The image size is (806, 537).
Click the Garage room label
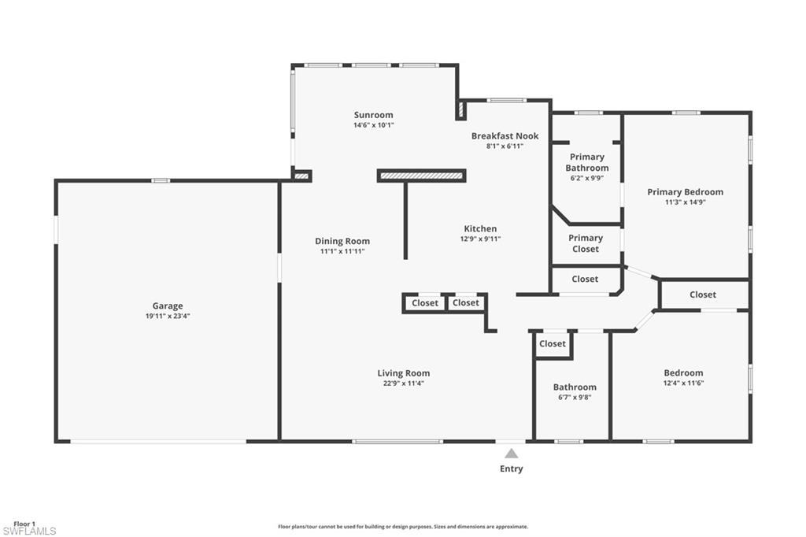point(168,306)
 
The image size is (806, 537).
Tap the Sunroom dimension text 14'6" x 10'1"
point(373,125)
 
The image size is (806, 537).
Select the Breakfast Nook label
point(505,136)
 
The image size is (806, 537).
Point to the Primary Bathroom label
point(587,162)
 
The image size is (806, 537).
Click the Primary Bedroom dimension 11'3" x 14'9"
point(685,202)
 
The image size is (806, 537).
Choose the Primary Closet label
point(586,243)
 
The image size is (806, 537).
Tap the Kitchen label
point(480,229)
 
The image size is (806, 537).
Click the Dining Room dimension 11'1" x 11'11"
point(342,251)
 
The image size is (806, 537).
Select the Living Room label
point(403,373)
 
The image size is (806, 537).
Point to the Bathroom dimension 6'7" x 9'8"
point(575,398)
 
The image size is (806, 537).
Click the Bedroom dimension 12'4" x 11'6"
point(683,383)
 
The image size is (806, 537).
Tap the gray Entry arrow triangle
point(512,454)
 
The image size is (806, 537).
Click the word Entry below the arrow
point(512,469)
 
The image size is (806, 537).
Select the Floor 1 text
point(24,524)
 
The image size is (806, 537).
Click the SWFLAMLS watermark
point(29,531)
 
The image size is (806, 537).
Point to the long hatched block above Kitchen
point(422,176)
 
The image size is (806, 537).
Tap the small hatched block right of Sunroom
point(461,109)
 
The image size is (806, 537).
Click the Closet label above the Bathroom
point(553,344)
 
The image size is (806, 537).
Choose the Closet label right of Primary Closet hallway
point(703,294)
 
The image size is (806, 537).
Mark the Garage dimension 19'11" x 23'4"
point(168,317)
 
